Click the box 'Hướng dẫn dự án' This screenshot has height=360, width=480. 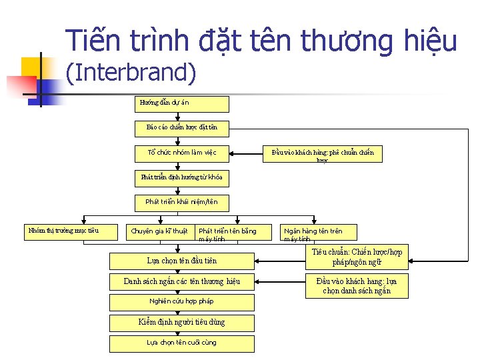pyautogui.click(x=182, y=103)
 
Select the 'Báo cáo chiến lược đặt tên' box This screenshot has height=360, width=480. pyautogui.click(x=181, y=127)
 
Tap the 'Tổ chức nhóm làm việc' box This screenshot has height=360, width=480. pyautogui.click(x=181, y=152)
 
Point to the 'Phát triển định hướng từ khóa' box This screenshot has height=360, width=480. pyautogui.click(x=181, y=177)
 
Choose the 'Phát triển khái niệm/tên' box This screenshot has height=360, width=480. pyautogui.click(x=181, y=201)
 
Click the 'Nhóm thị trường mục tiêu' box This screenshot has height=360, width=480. pyautogui.click(x=62, y=231)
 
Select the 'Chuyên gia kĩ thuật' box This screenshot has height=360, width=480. pyautogui.click(x=160, y=231)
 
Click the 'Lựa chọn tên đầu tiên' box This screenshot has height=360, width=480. pyautogui.click(x=181, y=260)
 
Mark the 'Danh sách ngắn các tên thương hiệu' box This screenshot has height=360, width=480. pyautogui.click(x=181, y=281)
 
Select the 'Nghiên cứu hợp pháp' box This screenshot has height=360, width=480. pyautogui.click(x=181, y=301)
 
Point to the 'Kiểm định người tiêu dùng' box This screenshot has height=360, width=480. pyautogui.click(x=181, y=322)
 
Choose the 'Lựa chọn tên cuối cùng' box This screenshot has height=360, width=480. pyautogui.click(x=181, y=343)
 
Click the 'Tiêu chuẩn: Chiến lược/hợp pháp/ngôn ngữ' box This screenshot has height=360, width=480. pyautogui.click(x=357, y=257)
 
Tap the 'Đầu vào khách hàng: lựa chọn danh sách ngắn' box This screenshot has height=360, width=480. pyautogui.click(x=356, y=286)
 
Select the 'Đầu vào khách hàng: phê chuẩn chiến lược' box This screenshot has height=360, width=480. pyautogui.click(x=323, y=155)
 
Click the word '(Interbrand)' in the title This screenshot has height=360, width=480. pyautogui.click(x=131, y=72)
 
